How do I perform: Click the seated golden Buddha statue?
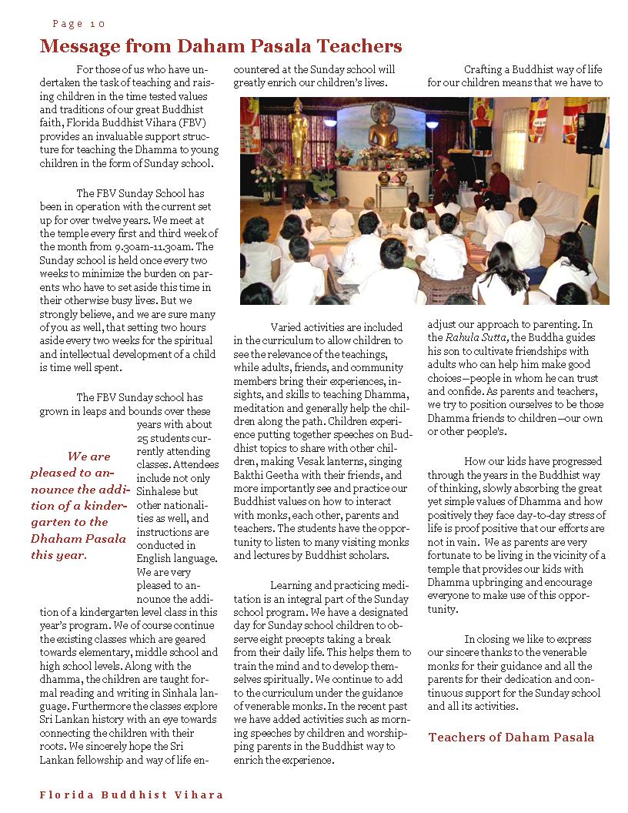(384, 125)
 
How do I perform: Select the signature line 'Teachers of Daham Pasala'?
(511, 737)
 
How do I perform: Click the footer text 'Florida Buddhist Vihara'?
(132, 795)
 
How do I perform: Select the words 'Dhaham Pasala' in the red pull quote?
(78, 538)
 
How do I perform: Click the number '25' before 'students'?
(143, 439)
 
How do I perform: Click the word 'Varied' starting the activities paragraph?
(288, 327)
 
